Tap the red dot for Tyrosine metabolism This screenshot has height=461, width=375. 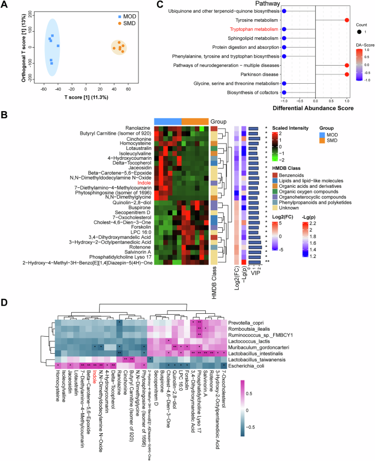tap(347, 20)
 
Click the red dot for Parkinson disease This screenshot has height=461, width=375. tap(347, 73)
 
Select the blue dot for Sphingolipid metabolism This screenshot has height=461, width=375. tap(284, 38)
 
